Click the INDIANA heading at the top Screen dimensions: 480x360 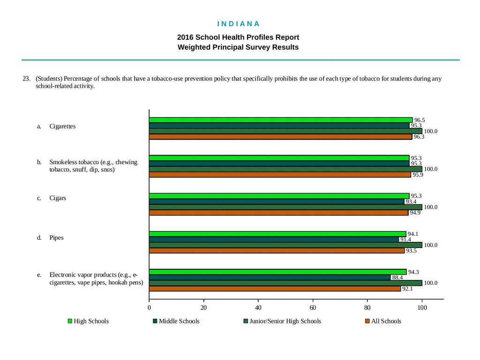(238, 24)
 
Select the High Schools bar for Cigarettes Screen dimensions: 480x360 (281, 120)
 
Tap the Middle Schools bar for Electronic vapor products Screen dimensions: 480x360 (270, 277)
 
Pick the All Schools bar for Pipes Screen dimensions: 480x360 (277, 251)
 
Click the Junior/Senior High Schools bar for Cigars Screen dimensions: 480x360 (285, 207)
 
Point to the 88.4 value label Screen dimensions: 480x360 (397, 277)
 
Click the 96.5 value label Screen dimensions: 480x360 (420, 120)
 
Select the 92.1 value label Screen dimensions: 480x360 (407, 289)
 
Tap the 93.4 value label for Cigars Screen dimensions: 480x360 (411, 202)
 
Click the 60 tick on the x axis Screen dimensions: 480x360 (313, 307)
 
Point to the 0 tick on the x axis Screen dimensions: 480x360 (149, 307)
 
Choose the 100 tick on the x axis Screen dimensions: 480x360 (422, 307)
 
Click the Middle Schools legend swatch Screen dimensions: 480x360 (155, 321)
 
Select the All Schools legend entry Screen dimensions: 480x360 (383, 321)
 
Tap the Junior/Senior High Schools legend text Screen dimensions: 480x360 (285, 321)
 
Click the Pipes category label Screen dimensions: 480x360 (56, 238)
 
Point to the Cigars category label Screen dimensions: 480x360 (58, 198)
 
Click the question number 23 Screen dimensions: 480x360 (26, 79)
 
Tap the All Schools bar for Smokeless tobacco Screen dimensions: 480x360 (280, 175)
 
